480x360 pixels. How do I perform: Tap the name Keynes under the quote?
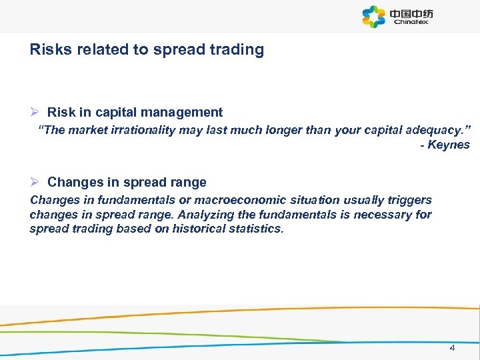449,145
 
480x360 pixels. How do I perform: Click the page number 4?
452,347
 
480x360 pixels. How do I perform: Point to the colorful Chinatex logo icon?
374,16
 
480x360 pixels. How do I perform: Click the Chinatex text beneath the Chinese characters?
411,22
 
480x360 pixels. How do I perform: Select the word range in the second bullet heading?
190,182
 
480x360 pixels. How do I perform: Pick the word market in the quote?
85,130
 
